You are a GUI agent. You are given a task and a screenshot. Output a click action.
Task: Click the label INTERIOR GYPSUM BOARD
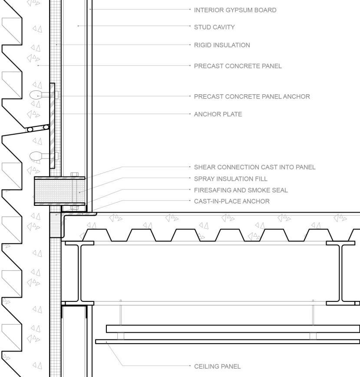coord(235,10)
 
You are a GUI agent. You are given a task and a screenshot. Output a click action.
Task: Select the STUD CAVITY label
coord(214,27)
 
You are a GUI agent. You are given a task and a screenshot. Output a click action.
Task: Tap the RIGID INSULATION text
coord(222,45)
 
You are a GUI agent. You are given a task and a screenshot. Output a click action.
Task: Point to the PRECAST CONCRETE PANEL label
coord(238,66)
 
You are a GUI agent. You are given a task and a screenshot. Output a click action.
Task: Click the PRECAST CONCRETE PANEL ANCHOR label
coord(252,96)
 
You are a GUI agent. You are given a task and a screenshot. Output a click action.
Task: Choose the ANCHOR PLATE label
coord(218,114)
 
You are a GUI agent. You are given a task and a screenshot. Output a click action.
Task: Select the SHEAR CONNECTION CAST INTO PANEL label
coord(254,167)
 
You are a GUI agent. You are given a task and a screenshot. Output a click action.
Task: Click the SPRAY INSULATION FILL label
coord(231,179)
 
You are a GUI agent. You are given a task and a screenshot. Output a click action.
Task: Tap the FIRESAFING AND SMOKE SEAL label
coord(241,190)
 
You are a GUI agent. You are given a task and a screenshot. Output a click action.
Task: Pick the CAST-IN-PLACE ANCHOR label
coord(231,202)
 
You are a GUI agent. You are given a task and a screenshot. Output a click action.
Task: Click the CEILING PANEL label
coord(217,367)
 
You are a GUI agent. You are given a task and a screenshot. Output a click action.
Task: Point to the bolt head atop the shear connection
coord(74,175)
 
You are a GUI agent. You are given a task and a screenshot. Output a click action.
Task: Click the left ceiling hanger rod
coord(121,313)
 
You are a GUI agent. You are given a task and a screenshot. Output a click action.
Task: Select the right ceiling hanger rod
coord(313,313)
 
